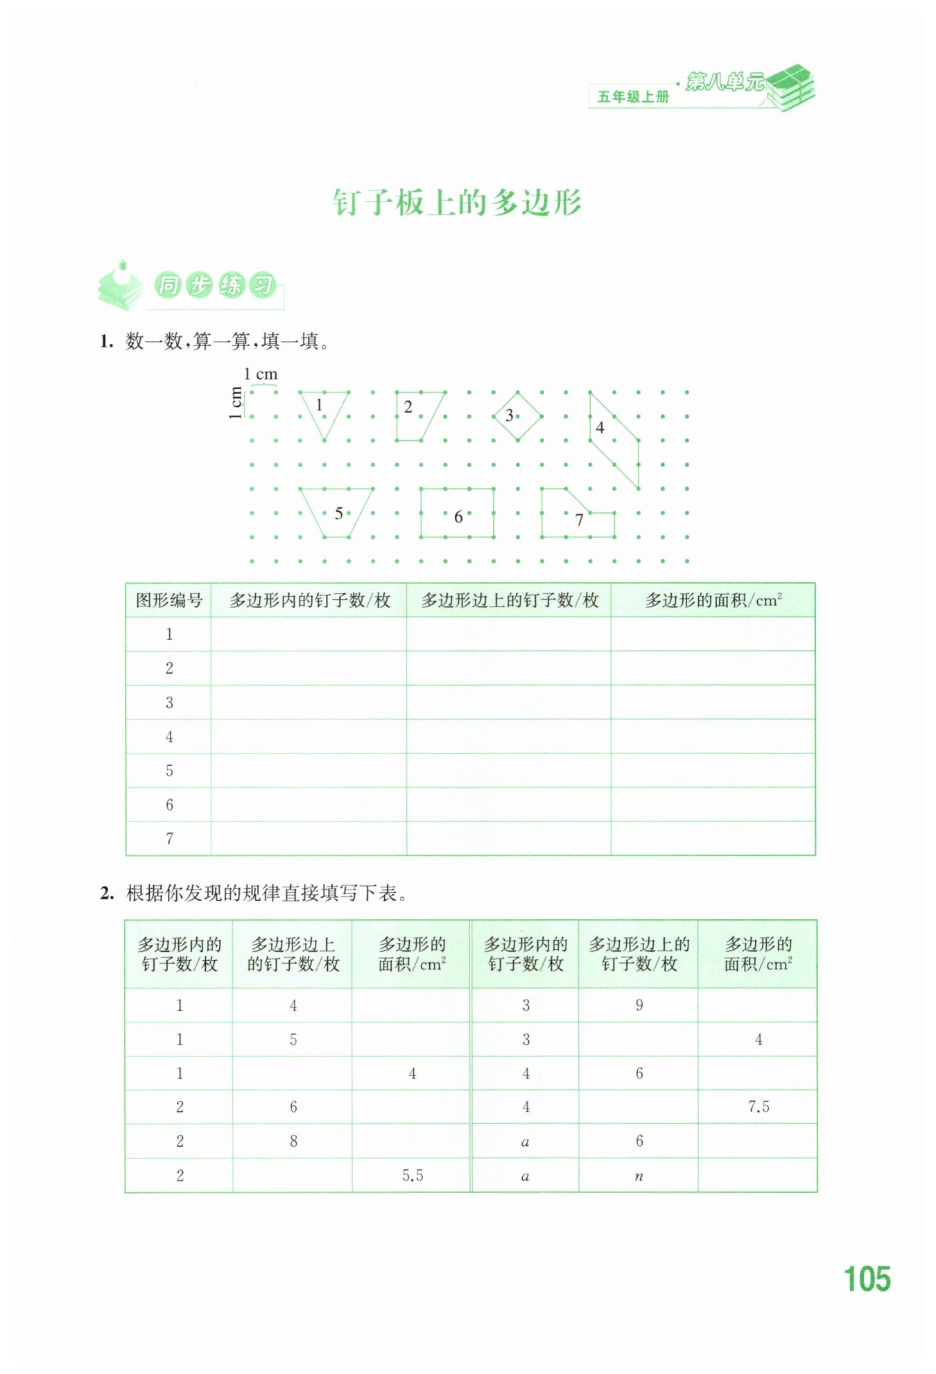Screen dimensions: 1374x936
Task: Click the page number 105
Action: [x=867, y=1278]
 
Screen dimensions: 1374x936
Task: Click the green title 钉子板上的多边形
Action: [x=457, y=203]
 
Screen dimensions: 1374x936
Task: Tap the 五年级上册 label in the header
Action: [x=633, y=97]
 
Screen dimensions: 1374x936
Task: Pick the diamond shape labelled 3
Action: [x=517, y=416]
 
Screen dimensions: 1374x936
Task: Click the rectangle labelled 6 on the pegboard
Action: [x=457, y=513]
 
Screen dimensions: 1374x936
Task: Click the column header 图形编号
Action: [x=168, y=600]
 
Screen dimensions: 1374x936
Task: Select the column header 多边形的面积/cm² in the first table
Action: [x=713, y=600]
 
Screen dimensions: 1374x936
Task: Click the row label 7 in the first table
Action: [x=168, y=839]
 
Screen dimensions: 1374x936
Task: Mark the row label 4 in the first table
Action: [x=168, y=737]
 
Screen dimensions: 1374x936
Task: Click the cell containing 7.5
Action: [x=758, y=1107]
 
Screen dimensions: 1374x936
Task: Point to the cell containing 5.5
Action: [x=412, y=1176]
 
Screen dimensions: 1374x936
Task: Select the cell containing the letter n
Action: [x=639, y=1176]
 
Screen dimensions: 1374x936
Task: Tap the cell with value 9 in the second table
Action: [x=639, y=1005]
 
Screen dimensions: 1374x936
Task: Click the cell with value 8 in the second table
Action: [x=293, y=1141]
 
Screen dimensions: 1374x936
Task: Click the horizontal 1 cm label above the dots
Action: [x=261, y=374]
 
